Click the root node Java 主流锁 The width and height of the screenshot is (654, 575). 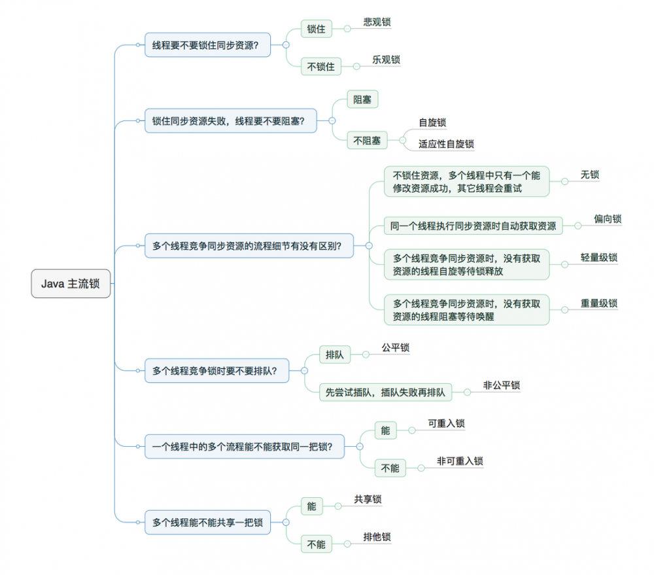pos(71,284)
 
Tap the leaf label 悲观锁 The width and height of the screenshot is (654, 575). pos(377,22)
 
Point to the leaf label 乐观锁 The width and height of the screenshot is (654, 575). pos(386,60)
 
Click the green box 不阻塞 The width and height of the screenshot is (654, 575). pos(367,140)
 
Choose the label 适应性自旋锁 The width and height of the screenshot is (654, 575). pos(446,144)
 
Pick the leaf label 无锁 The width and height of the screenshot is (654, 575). pos(589,175)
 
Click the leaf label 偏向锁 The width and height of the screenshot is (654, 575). pos(608,219)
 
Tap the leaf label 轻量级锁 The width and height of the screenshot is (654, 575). pos(598,258)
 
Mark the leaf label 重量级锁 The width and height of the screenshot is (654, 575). pos(598,304)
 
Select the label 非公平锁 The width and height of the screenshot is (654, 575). pos(502,385)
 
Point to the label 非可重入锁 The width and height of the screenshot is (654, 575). pos(460,461)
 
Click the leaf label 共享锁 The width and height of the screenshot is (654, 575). pos(368,499)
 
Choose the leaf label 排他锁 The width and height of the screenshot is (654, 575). pos(377,538)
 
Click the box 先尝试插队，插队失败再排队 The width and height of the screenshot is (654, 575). pos(385,392)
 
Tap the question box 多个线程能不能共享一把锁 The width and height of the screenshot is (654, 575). pos(207,522)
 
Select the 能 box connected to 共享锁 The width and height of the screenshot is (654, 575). pos(311,506)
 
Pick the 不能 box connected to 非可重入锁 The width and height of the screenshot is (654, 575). pos(390,468)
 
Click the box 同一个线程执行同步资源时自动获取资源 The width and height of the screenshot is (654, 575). pos(473,226)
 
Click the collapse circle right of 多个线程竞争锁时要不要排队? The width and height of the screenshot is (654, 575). pos(304,371)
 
